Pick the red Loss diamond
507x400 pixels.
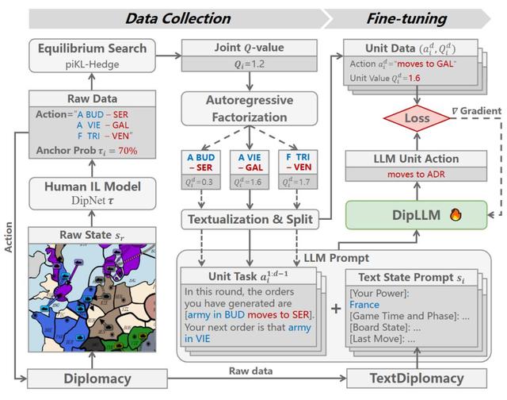click(417, 119)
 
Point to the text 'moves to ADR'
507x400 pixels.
click(417, 174)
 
